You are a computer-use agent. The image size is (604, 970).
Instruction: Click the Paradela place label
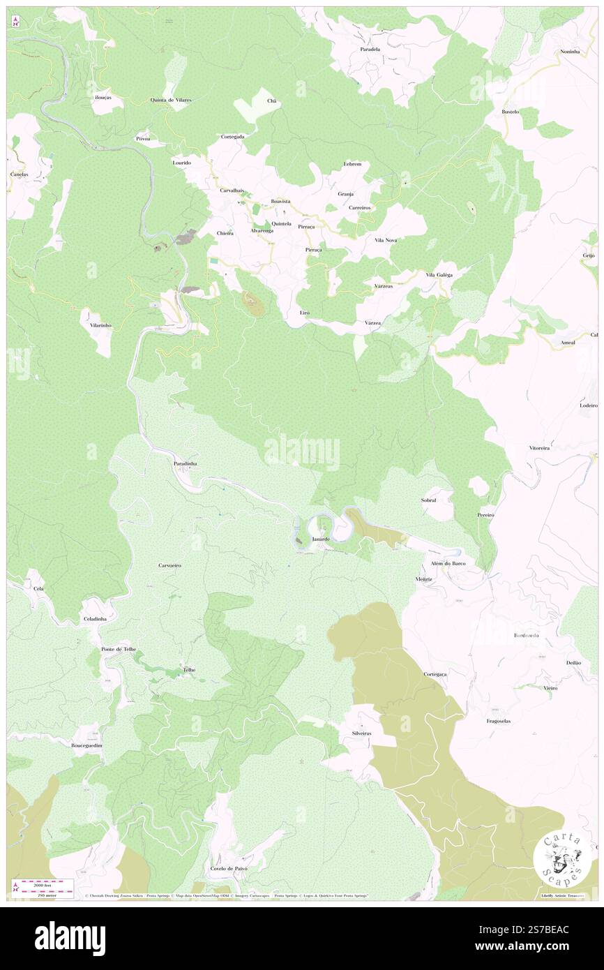[370, 50]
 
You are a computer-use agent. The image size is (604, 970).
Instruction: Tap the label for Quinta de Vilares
[170, 100]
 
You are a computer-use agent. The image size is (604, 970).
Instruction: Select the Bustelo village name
[511, 112]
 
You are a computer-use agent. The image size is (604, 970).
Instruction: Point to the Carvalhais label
[232, 191]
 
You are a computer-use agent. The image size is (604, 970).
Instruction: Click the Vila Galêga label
[439, 275]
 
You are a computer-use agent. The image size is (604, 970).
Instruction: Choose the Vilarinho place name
[96, 325]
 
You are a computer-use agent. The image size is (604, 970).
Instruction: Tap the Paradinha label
[186, 463]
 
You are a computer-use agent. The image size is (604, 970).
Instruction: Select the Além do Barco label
[448, 563]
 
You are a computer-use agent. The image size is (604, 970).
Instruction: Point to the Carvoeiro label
[170, 565]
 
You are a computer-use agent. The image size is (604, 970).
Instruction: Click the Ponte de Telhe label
[119, 649]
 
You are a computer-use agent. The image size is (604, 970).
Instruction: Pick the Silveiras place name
[361, 733]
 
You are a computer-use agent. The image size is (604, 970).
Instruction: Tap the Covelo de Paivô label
[229, 868]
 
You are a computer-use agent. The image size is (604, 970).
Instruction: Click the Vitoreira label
[539, 448]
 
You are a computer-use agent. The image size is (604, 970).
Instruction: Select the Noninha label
[570, 52]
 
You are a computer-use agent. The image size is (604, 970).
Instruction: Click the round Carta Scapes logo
[557, 859]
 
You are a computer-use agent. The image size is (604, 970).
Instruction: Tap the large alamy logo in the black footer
[70, 937]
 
